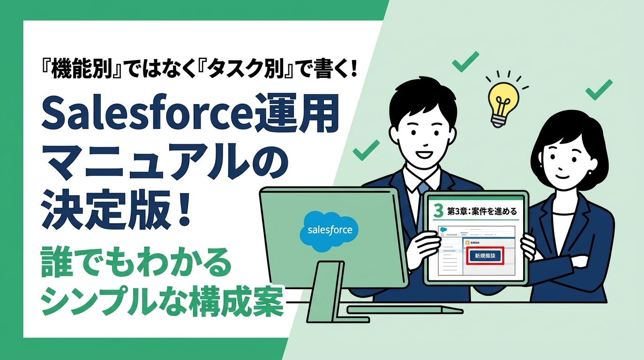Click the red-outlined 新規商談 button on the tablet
pos(485,256)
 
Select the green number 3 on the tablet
pos(438,211)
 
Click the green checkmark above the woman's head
pos(599,90)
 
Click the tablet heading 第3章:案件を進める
pos(483,211)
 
